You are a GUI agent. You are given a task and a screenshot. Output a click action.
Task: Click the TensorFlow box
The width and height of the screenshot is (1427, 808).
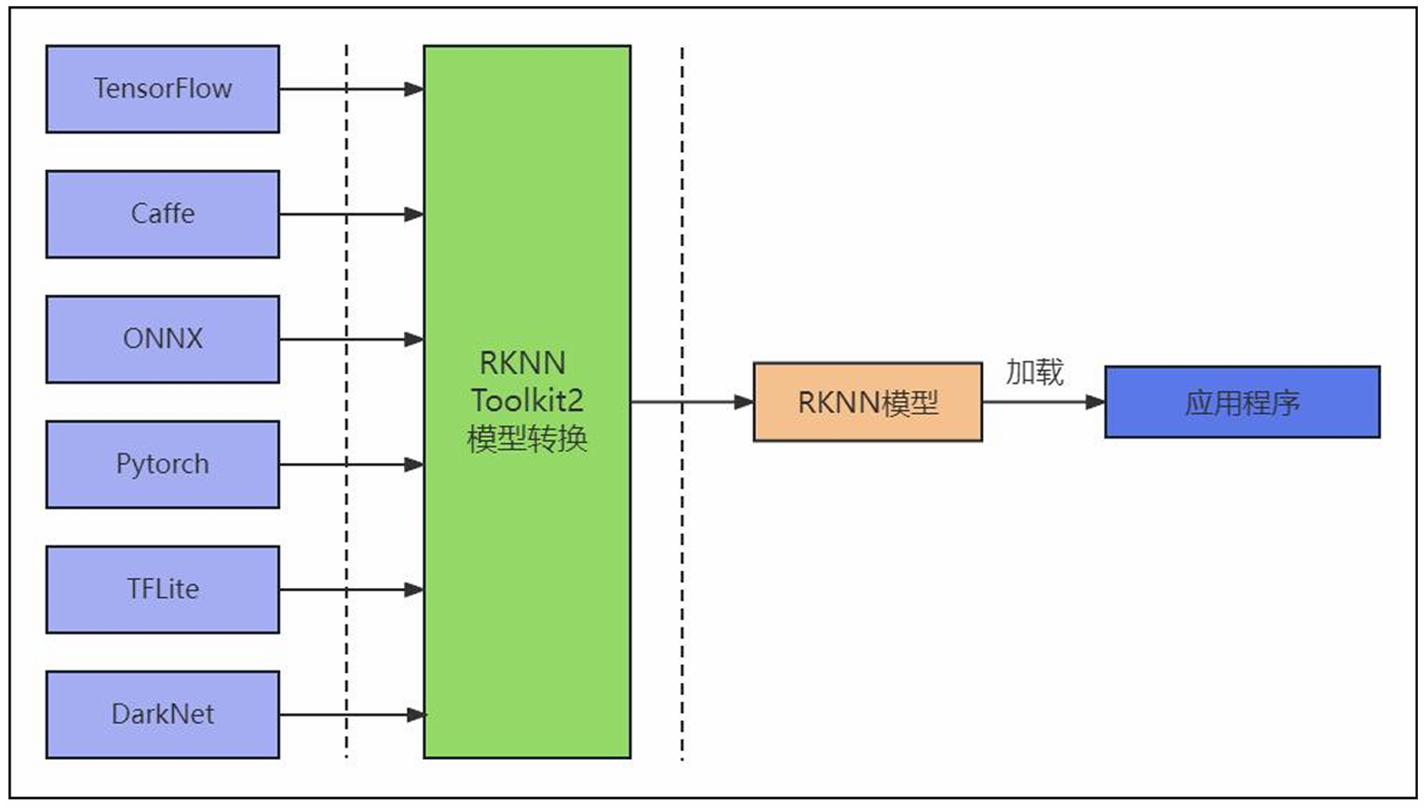point(162,89)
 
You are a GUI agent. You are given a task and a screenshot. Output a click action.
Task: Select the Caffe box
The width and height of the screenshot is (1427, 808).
point(162,214)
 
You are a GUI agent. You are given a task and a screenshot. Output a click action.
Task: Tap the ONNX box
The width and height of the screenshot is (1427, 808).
point(162,339)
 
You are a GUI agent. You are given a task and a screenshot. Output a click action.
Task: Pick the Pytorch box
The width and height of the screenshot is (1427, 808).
point(162,464)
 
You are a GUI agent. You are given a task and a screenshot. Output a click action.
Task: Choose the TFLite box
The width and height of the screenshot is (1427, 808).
point(162,589)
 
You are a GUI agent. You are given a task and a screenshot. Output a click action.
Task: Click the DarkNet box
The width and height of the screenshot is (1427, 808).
point(162,714)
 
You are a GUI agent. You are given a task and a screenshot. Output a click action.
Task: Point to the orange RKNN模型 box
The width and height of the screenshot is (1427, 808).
point(867,402)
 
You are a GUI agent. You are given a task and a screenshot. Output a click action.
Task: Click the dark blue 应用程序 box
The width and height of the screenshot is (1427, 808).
point(1241,402)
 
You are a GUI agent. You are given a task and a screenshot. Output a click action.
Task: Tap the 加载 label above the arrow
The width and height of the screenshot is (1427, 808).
point(1034,372)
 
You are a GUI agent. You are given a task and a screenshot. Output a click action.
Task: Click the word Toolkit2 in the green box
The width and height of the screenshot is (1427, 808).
point(526,400)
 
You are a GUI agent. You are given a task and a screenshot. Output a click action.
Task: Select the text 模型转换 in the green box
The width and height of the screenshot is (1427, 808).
point(526,438)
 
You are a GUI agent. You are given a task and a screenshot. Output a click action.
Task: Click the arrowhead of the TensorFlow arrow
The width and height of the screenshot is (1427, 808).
point(414,89)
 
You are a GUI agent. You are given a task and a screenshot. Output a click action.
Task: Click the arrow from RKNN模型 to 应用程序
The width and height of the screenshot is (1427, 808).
point(1042,402)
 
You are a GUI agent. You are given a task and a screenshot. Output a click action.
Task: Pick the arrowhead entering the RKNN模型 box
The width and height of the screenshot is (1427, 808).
point(744,402)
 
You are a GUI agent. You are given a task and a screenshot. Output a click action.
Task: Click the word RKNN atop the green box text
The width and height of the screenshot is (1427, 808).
point(522,362)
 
